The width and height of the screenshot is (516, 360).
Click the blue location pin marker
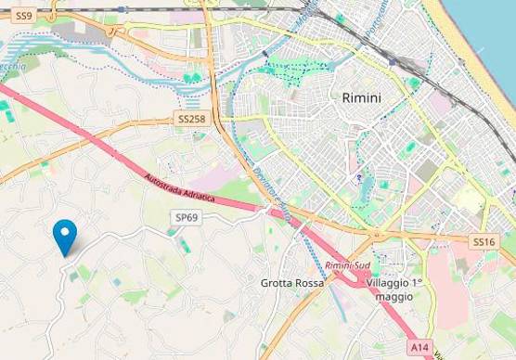coord(64,236)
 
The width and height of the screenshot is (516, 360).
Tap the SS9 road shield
coord(24,16)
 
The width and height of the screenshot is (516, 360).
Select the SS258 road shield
coord(191,120)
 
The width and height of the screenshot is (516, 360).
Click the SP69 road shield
coord(187,217)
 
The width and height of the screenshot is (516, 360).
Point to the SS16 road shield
coord(484,241)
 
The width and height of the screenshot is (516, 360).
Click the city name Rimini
coord(362,97)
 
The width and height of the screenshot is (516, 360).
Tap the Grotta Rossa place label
coord(292,283)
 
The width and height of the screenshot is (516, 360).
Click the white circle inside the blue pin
coord(64,231)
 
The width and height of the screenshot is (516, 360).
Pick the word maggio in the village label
coord(394,297)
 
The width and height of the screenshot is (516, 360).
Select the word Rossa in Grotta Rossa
coord(309,283)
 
